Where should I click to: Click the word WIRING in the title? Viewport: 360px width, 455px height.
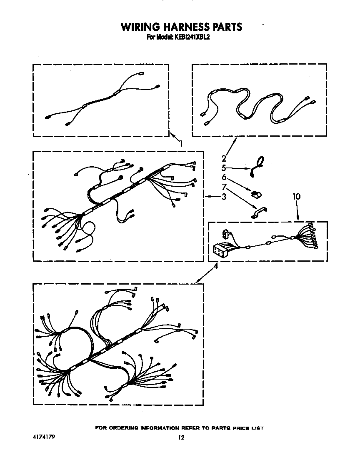pyautogui.click(x=140, y=27)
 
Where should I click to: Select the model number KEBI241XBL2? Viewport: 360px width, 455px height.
pyautogui.click(x=192, y=37)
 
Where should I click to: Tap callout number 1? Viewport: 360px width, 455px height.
pyautogui.click(x=181, y=143)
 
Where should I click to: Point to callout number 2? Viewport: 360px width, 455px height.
pyautogui.click(x=224, y=158)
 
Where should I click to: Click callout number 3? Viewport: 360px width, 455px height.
pyautogui.click(x=224, y=196)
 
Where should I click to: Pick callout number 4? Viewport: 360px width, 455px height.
pyautogui.click(x=215, y=266)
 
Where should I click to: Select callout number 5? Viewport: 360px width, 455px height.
pyautogui.click(x=224, y=168)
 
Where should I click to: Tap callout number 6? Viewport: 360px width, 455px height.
pyautogui.click(x=224, y=177)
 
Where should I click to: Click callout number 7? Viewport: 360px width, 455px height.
pyautogui.click(x=224, y=187)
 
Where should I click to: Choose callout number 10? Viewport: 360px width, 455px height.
pyautogui.click(x=297, y=196)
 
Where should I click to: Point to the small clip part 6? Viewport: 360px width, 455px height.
pyautogui.click(x=256, y=194)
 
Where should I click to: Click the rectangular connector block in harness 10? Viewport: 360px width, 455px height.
pyautogui.click(x=221, y=250)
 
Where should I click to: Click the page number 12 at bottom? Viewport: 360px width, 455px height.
pyautogui.click(x=181, y=437)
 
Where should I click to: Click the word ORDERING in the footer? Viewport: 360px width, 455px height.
pyautogui.click(x=124, y=428)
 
